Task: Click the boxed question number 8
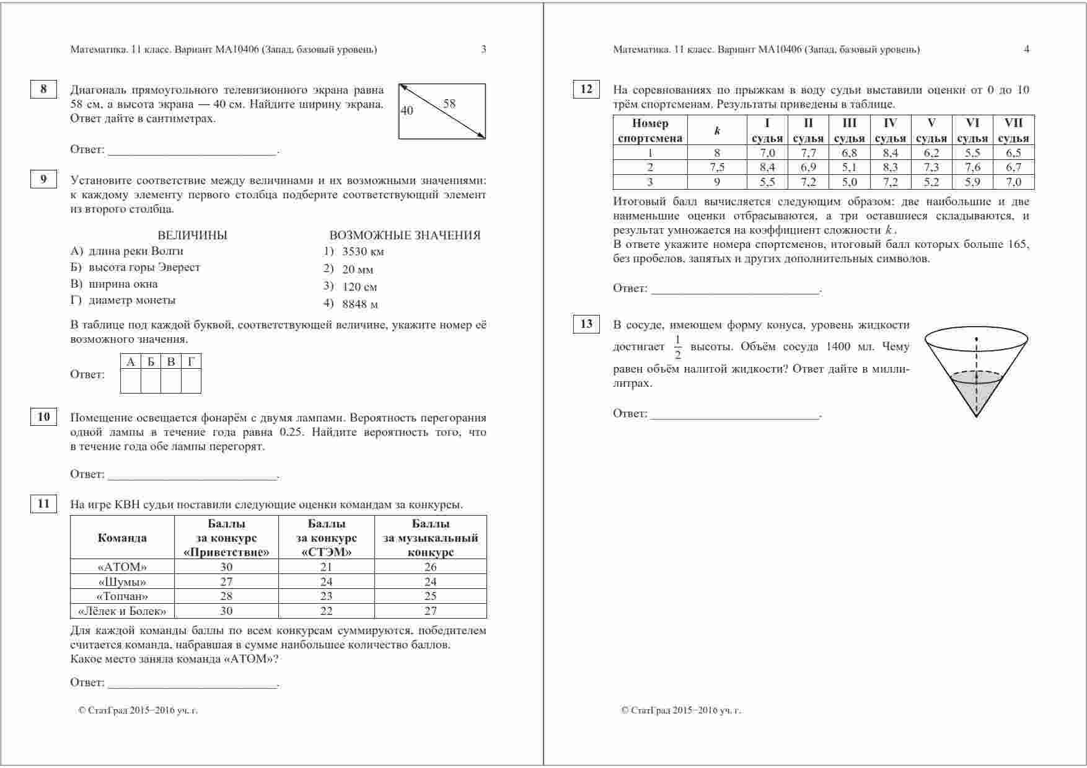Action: [x=43, y=89]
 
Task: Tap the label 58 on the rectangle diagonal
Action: [x=449, y=104]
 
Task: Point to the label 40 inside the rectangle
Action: [x=407, y=111]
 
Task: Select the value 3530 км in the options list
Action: [x=363, y=252]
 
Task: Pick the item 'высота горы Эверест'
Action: [x=144, y=267]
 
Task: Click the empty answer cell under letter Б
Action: [x=151, y=381]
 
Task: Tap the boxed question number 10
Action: [x=43, y=417]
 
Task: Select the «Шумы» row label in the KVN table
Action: [x=122, y=582]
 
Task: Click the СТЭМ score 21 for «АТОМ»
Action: [x=326, y=567]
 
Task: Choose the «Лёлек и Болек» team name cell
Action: [x=122, y=611]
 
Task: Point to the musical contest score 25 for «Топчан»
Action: [x=430, y=596]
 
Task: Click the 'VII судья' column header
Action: [x=1013, y=130]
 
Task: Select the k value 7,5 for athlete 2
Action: [x=717, y=167]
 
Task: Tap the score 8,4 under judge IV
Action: [x=890, y=153]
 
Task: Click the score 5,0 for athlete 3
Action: [x=849, y=182]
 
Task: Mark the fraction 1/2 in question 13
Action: [x=677, y=347]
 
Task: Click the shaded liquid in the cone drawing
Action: [x=977, y=391]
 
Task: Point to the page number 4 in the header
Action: [x=1026, y=50]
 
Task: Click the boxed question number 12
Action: [x=586, y=89]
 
